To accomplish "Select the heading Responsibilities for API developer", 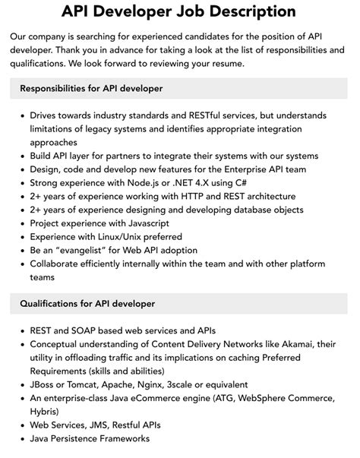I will (x=91, y=89).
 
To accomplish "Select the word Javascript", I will (x=145, y=223).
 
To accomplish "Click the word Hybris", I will (x=46, y=412).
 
